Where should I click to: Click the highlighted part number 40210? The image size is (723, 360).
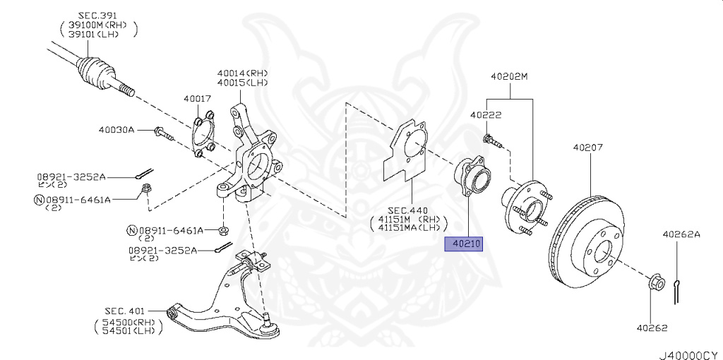tap(463, 244)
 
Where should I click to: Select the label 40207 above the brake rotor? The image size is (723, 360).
tap(587, 148)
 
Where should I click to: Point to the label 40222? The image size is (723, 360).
tap(486, 114)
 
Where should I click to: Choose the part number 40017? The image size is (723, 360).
tap(198, 99)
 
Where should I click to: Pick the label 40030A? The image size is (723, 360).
tap(116, 129)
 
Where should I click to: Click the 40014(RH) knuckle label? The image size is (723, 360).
tap(243, 73)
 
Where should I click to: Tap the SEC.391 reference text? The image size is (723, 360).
tap(97, 14)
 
